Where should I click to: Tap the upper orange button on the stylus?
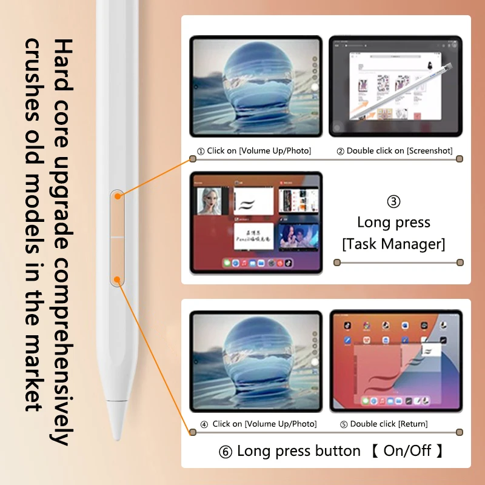click(x=118, y=212)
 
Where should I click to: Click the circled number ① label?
click(x=200, y=151)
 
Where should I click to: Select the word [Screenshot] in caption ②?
click(x=430, y=151)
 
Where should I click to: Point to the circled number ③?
click(x=393, y=202)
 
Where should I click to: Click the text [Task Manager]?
click(x=393, y=244)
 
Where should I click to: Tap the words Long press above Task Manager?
click(x=393, y=222)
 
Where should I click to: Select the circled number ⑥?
click(x=226, y=452)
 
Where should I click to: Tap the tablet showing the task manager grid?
click(x=256, y=222)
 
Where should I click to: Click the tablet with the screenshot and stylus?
click(x=395, y=85)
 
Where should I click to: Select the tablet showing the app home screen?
click(x=395, y=361)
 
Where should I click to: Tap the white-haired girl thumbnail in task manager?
click(x=213, y=201)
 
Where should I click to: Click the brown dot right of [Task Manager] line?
click(x=460, y=263)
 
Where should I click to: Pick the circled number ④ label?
click(x=204, y=424)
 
